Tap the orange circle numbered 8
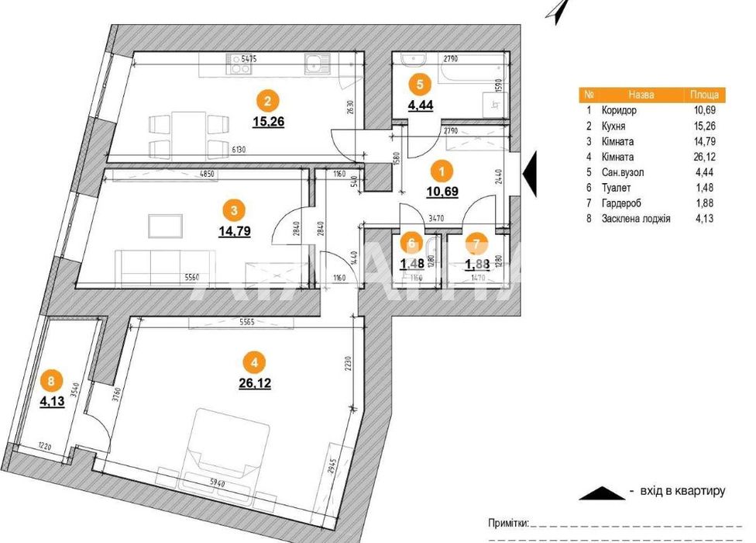[x=50, y=381]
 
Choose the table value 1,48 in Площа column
[x=706, y=192]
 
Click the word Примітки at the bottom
[x=507, y=524]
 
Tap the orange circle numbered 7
[x=474, y=242]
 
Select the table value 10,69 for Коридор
[x=706, y=109]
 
